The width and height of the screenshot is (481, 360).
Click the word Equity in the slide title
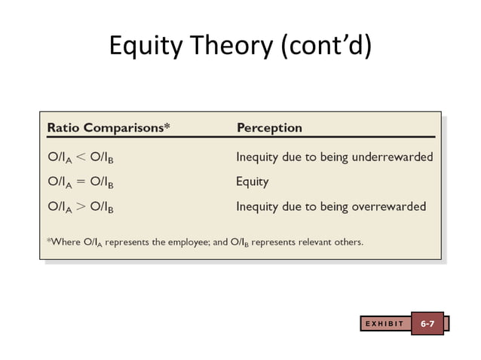(145, 47)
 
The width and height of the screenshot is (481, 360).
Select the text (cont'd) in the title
(326, 47)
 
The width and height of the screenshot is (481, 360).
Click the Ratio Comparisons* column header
(109, 127)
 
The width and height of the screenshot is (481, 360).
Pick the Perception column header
(269, 127)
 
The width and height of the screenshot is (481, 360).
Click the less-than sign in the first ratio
(81, 157)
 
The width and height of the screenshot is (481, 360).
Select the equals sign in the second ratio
(81, 182)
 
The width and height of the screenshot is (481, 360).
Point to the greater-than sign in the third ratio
(81, 206)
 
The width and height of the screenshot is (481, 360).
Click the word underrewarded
(394, 157)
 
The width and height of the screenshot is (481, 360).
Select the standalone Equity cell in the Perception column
(252, 182)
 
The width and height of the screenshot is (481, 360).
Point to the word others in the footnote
(348, 242)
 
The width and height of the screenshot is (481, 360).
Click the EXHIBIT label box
(384, 324)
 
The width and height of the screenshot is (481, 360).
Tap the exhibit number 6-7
(427, 324)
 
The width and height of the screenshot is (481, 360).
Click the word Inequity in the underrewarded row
(258, 157)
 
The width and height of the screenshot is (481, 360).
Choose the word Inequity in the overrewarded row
(258, 206)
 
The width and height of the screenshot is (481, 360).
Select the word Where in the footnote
(63, 242)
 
